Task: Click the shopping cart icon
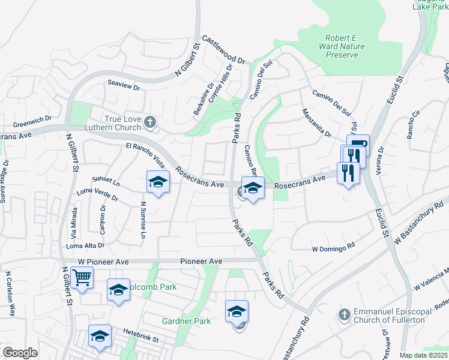pyautogui.click(x=82, y=278)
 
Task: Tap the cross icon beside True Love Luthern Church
pyautogui.click(x=150, y=123)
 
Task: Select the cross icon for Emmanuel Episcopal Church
pyautogui.click(x=345, y=314)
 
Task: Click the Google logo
pyautogui.click(x=20, y=353)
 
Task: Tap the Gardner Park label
pyautogui.click(x=187, y=321)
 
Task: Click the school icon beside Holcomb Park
pyautogui.click(x=119, y=290)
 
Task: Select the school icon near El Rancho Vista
pyautogui.click(x=158, y=182)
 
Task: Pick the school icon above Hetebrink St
pyautogui.click(x=100, y=336)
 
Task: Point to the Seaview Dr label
pyautogui.click(x=123, y=86)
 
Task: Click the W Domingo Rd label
pyautogui.click(x=333, y=247)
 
